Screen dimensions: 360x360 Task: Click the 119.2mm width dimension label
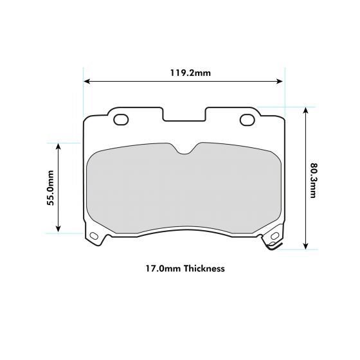click(x=190, y=73)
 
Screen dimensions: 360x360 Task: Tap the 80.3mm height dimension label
click(x=313, y=179)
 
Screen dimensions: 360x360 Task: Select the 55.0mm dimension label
click(x=50, y=188)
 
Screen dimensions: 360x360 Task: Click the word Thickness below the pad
click(x=204, y=269)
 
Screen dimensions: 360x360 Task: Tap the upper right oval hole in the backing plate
click(x=247, y=119)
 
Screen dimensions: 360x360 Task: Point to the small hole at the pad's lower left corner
click(x=94, y=236)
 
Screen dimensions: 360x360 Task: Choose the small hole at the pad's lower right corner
click(x=274, y=237)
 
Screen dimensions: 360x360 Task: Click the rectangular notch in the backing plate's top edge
click(x=184, y=114)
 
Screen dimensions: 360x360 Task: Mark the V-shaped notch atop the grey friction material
click(x=185, y=150)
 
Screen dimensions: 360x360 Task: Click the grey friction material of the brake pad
click(x=184, y=190)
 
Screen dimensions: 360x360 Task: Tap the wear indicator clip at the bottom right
click(x=270, y=246)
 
